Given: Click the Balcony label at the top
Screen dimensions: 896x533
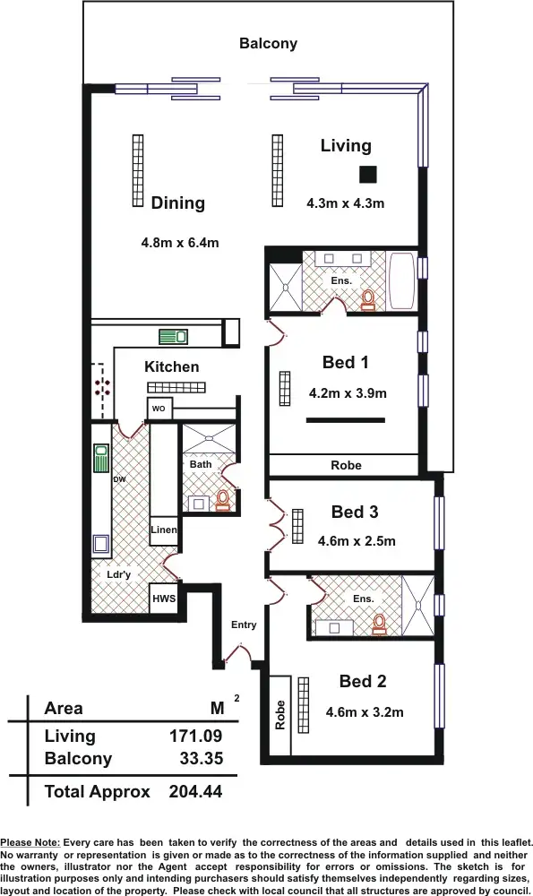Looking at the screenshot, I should [x=268, y=43].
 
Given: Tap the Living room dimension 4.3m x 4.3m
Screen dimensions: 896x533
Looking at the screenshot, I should [x=345, y=203].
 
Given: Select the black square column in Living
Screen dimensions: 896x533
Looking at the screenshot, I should [x=367, y=174].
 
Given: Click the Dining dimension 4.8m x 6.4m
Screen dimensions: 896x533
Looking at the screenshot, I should [x=180, y=242].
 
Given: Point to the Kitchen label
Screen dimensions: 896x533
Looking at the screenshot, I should [x=171, y=366].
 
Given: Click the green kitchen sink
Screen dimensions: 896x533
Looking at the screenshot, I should [x=173, y=337].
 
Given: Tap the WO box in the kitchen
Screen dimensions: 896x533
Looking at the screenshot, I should [x=159, y=409].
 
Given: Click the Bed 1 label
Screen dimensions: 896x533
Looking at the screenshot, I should [x=346, y=363].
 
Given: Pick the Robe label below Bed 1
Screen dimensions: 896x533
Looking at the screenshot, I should [x=346, y=465].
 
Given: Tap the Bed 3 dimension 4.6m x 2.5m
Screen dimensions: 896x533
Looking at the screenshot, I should [x=357, y=541].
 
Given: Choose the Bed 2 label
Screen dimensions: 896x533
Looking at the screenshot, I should [x=363, y=682].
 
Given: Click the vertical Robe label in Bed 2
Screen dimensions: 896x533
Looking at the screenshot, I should [x=280, y=714].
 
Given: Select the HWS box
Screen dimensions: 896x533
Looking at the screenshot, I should [x=163, y=599].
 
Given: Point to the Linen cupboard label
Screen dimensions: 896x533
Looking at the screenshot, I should [x=164, y=530].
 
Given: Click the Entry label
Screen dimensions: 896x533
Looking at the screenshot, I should [x=244, y=625].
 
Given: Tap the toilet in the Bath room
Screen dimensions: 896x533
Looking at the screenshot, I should [x=222, y=499].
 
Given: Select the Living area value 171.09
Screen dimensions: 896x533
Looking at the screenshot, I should [x=195, y=736].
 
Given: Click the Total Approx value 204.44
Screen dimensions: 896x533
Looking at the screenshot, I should [x=195, y=791].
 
